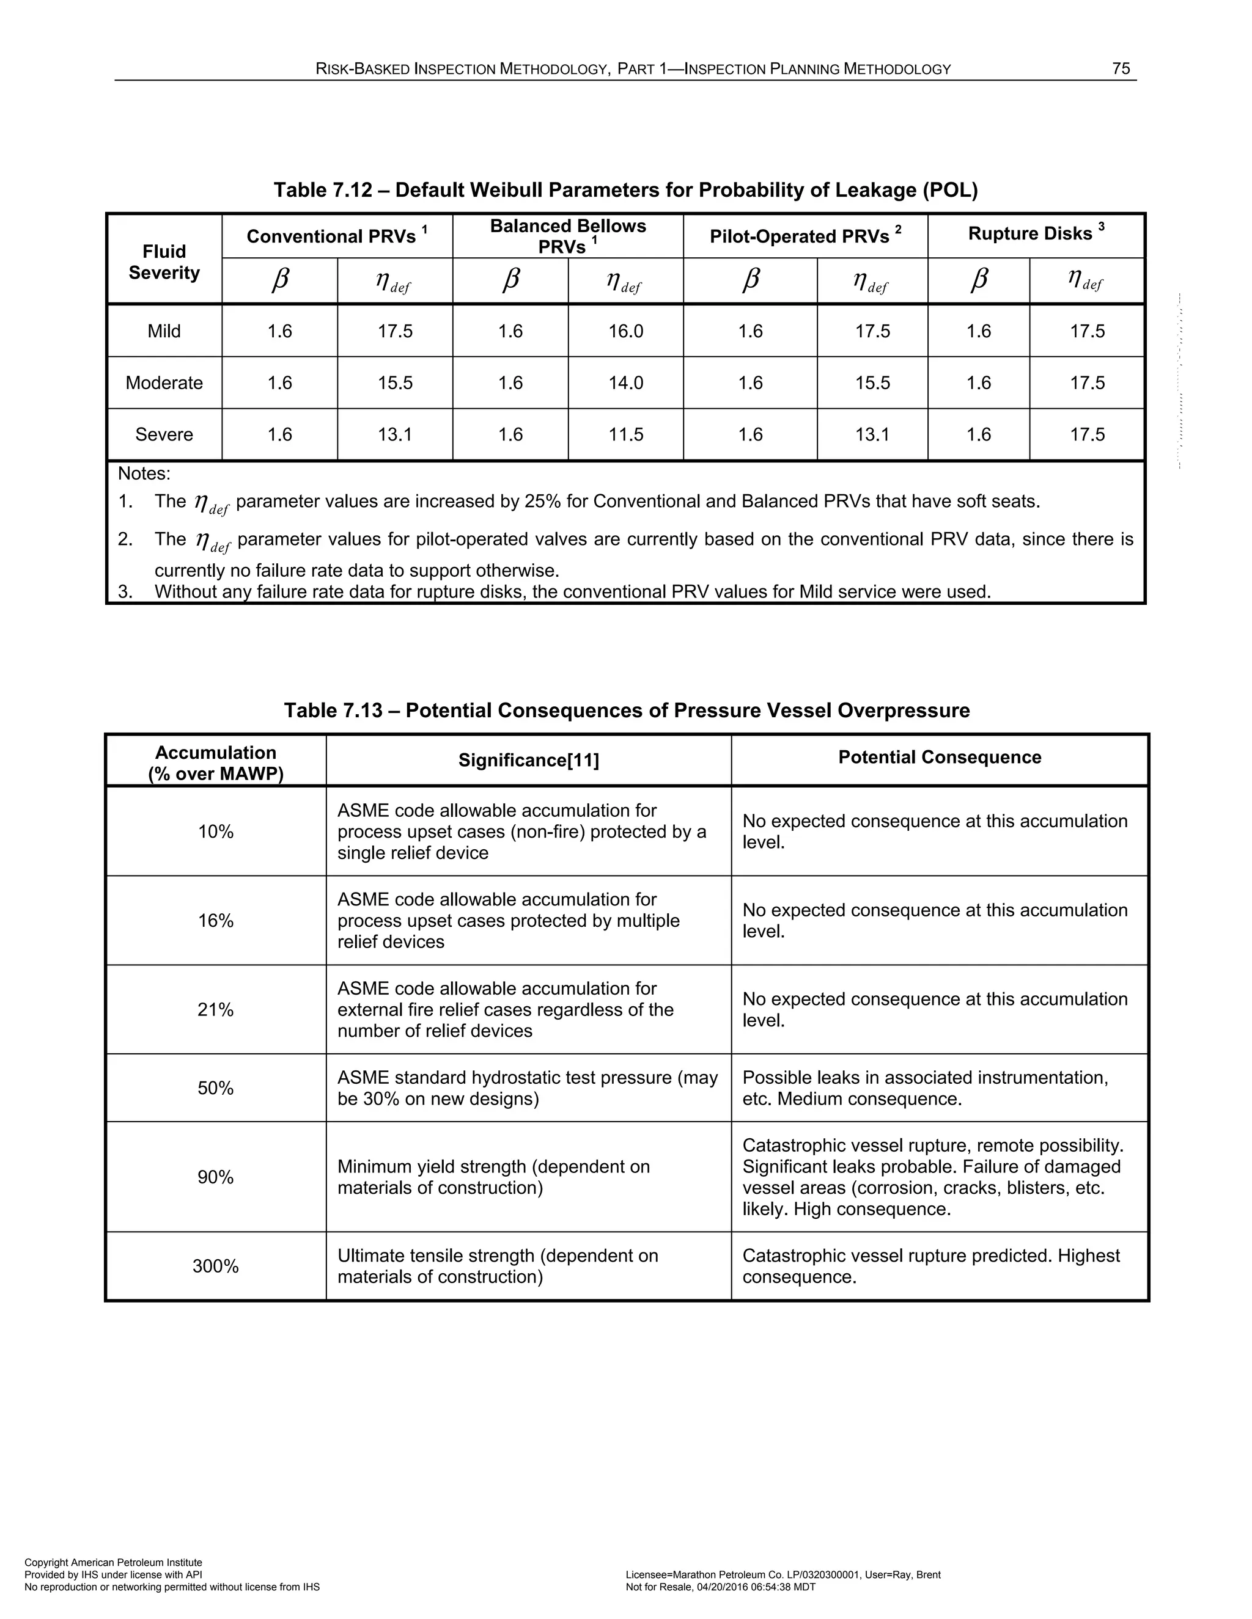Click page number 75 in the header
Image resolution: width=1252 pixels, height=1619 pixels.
pos(1121,69)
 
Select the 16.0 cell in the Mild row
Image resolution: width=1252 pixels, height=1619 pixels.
pos(625,331)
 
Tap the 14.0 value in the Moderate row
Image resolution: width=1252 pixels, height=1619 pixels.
pos(625,383)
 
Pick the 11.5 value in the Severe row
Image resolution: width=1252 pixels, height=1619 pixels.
pos(625,434)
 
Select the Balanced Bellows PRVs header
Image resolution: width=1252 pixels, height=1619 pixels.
pos(567,236)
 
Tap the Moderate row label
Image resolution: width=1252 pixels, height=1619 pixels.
pos(164,383)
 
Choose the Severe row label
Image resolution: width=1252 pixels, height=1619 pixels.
pos(164,434)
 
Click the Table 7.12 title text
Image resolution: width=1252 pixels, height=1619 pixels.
pos(625,191)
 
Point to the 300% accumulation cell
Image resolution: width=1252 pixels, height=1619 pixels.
pos(215,1266)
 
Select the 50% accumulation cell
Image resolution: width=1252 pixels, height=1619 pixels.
pos(215,1088)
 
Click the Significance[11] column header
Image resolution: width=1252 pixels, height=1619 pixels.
pos(528,760)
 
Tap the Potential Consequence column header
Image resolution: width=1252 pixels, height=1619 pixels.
pos(939,757)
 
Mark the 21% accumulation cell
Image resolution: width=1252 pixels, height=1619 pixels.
pos(215,1010)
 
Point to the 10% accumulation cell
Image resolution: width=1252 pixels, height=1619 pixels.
pos(215,831)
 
